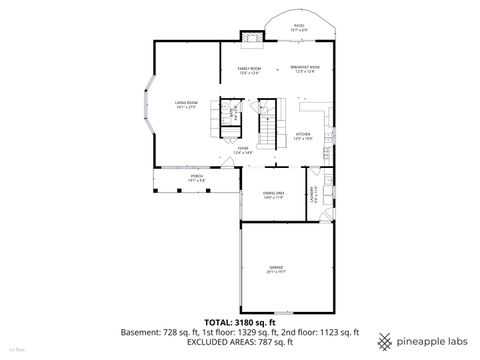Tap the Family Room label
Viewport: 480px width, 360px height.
click(x=248, y=70)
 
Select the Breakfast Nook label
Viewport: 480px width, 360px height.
click(x=305, y=70)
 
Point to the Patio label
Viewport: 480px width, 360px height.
click(x=299, y=29)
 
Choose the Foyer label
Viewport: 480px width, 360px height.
click(x=242, y=149)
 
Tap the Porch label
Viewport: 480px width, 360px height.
click(x=197, y=178)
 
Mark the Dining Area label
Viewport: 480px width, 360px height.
click(x=274, y=195)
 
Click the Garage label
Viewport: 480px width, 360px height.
click(x=275, y=269)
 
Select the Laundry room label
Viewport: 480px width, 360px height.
click(x=314, y=195)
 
